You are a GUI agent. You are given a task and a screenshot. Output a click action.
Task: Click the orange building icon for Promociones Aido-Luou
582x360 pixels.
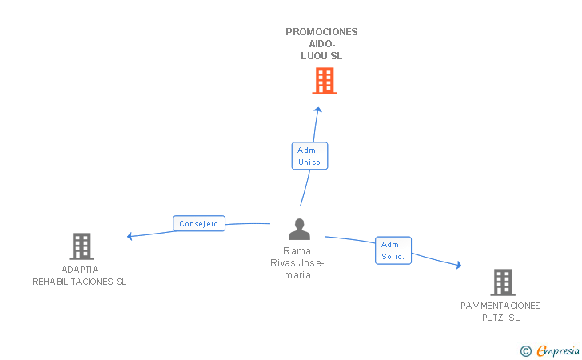coord(324,81)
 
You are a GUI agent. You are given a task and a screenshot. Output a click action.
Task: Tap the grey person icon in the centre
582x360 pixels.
coord(299,230)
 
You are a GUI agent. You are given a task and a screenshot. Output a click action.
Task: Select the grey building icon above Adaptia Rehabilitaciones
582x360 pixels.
coord(81,246)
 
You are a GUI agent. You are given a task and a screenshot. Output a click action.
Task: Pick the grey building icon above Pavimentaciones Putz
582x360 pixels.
coord(502,282)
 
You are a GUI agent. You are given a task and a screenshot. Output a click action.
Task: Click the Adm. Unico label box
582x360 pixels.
coord(309,156)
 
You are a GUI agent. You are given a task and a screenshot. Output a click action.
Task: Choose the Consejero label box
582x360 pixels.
coord(199,224)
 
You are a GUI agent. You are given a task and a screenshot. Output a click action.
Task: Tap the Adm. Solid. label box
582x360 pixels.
coord(393,250)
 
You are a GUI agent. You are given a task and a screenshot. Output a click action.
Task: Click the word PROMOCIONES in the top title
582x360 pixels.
coord(321,32)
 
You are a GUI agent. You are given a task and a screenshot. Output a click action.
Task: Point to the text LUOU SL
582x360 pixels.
coord(321,56)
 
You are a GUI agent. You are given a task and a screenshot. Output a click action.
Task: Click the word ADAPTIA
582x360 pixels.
coord(79,270)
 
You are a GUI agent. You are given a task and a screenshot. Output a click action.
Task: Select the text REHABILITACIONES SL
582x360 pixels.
coord(79,282)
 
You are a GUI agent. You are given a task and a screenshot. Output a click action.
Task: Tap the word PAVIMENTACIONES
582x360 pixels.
coord(500,306)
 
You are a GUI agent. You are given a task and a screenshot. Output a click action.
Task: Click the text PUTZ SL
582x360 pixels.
coord(500,318)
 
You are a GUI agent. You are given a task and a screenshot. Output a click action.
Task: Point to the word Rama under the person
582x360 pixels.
coord(298,250)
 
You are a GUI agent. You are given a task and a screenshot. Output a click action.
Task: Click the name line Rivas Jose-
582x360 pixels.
coord(297,262)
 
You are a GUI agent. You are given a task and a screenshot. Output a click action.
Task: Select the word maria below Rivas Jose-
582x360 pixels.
coord(297,275)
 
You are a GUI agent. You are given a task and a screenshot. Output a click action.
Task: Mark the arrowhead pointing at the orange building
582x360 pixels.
coord(317,110)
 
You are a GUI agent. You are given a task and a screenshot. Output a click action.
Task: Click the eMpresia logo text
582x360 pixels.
coord(558,350)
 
